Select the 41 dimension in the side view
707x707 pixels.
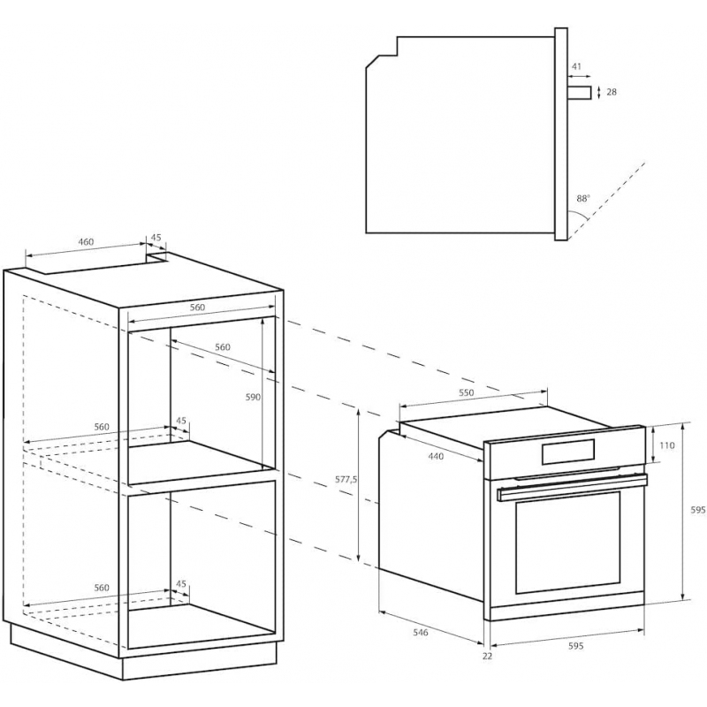tap(576, 67)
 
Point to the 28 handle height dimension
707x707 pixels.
tap(612, 92)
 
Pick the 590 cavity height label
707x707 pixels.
tap(253, 397)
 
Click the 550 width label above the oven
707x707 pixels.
tap(466, 392)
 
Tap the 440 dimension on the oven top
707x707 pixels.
tap(436, 456)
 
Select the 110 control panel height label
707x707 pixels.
tap(666, 445)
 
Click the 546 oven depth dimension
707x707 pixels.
tap(421, 633)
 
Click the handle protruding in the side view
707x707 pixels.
tap(580, 92)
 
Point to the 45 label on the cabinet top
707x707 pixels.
tap(156, 237)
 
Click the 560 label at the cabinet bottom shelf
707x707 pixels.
tap(101, 588)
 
